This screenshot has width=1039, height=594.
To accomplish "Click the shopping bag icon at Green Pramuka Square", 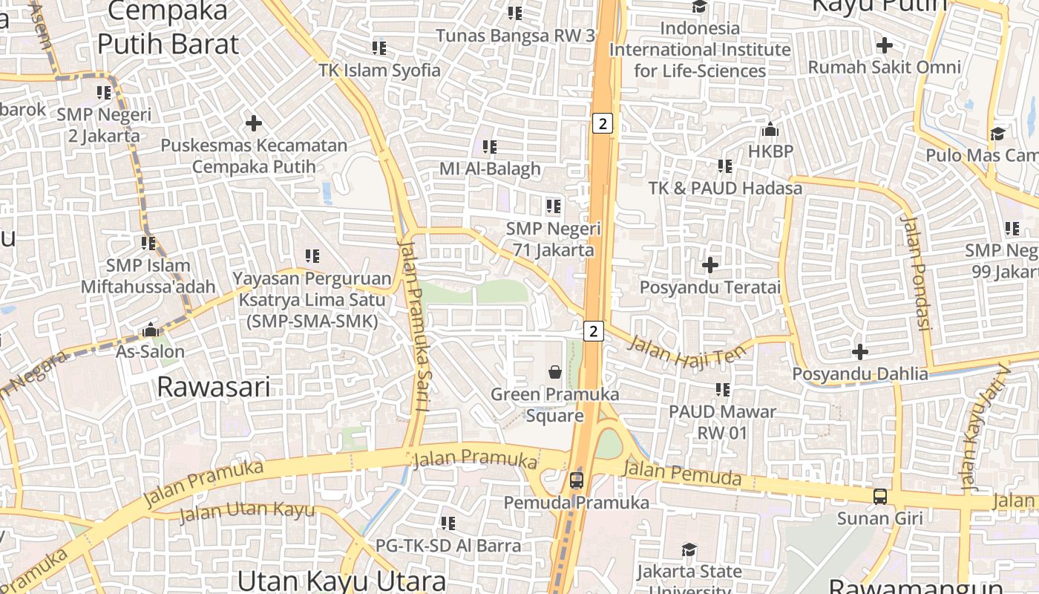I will pyautogui.click(x=554, y=371).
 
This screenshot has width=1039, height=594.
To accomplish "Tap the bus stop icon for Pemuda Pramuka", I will pyautogui.click(x=577, y=480).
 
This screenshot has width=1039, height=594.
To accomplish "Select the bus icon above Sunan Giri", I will pyautogui.click(x=879, y=495).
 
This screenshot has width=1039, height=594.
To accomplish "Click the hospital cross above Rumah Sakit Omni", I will pyautogui.click(x=884, y=45).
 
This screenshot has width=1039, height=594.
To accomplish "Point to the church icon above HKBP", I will pyautogui.click(x=770, y=130).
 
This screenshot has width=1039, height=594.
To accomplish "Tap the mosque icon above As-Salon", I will pyautogui.click(x=151, y=329).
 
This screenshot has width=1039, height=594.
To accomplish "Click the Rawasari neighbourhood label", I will pyautogui.click(x=214, y=387).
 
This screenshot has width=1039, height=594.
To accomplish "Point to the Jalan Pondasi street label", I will pyautogui.click(x=915, y=272).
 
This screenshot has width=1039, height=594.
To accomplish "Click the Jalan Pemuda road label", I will pyautogui.click(x=681, y=473).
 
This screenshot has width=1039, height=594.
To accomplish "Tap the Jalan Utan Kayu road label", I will pyautogui.click(x=247, y=512).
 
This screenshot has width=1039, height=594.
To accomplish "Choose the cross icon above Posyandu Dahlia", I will pyautogui.click(x=860, y=351).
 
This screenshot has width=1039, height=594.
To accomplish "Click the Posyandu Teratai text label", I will pyautogui.click(x=710, y=287).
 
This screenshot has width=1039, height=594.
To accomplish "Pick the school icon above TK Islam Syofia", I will pyautogui.click(x=379, y=48).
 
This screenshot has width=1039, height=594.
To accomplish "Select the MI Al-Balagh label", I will pyautogui.click(x=490, y=169).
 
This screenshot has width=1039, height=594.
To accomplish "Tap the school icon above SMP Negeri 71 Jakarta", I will pyautogui.click(x=553, y=206).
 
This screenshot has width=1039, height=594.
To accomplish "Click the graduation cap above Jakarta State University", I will pyautogui.click(x=689, y=549).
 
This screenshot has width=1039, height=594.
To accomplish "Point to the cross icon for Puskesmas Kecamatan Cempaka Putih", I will pyautogui.click(x=254, y=123).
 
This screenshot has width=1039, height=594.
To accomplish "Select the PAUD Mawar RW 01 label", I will pyautogui.click(x=722, y=422).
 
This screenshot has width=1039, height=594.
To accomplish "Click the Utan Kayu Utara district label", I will pyautogui.click(x=342, y=580).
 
